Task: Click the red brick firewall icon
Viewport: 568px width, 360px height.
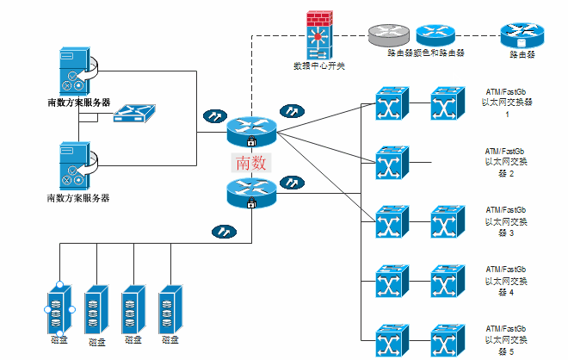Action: (x=317, y=34)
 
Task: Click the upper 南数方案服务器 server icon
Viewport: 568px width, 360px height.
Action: (x=76, y=71)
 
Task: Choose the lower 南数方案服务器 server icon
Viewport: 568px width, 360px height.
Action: (x=76, y=166)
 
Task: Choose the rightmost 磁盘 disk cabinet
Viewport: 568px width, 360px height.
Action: (x=170, y=307)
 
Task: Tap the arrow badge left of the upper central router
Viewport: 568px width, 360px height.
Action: (x=212, y=115)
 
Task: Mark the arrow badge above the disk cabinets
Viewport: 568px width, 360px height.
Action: (x=222, y=231)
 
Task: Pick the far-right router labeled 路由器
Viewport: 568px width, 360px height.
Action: (x=522, y=35)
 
